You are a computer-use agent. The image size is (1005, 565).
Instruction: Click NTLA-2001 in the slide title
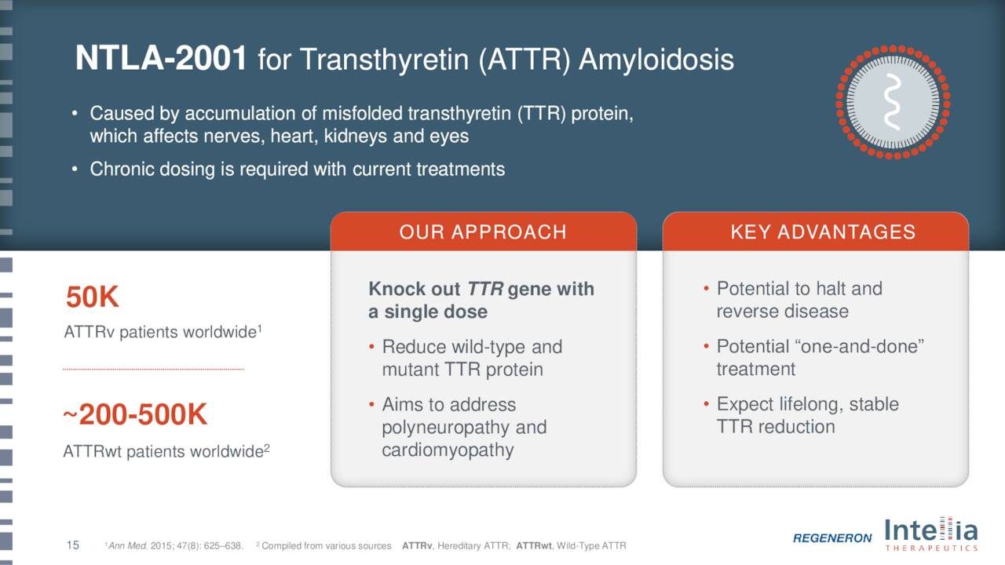pos(161,58)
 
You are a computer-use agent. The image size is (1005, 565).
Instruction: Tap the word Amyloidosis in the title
pos(656,60)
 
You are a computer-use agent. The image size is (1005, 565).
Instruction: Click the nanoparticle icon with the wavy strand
pos(893,102)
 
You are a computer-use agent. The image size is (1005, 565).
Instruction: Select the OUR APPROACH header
pos(483,231)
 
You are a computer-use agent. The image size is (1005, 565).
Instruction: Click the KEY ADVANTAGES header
pos(823,231)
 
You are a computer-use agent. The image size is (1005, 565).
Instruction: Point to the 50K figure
pos(93,297)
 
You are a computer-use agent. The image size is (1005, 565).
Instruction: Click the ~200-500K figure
pos(135,414)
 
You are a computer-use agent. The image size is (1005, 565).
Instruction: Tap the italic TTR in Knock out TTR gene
pos(485,290)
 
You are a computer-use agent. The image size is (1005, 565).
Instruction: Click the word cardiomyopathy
pos(448,450)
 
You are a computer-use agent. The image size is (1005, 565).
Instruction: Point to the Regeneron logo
pos(832,538)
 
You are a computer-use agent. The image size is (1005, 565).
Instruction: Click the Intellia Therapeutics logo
pos(931,534)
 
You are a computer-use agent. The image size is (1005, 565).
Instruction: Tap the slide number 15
pos(73,545)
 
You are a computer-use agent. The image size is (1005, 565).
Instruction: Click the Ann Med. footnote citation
pos(174,545)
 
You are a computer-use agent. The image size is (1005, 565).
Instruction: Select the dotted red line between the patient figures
pos(153,370)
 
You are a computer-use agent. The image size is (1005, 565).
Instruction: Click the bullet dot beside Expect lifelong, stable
pos(706,404)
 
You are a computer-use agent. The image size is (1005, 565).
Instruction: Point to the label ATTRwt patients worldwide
pos(166,451)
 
